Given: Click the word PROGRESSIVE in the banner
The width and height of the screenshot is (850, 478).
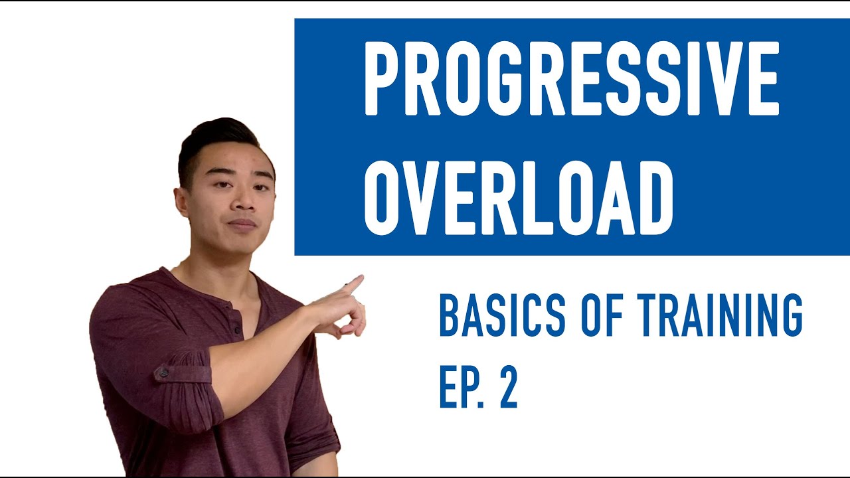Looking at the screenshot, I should pyautogui.click(x=571, y=78).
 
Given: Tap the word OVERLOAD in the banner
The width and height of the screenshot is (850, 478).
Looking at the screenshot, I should pyautogui.click(x=519, y=198).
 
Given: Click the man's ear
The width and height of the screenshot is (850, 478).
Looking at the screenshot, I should pyautogui.click(x=181, y=202).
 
